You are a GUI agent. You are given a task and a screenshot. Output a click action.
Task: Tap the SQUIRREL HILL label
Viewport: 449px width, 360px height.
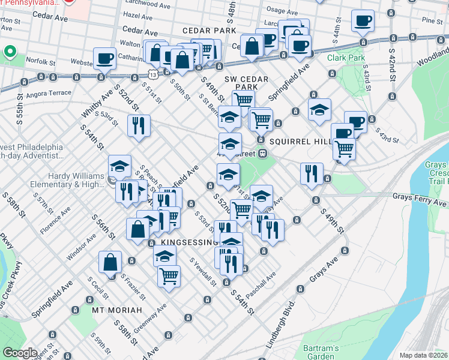(300, 141)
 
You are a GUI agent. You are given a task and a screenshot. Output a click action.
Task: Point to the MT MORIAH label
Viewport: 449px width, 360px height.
(117, 310)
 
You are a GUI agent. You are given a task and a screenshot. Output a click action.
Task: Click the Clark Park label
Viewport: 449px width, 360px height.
(346, 58)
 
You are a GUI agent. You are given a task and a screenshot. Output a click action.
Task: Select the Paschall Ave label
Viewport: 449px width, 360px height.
(260, 283)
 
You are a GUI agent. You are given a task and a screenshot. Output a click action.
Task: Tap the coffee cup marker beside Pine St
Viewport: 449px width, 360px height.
(363, 20)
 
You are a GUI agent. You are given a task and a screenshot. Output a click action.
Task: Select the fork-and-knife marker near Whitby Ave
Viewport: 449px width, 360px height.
(139, 125)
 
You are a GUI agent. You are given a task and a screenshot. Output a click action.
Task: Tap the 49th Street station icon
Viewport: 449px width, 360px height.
(263, 153)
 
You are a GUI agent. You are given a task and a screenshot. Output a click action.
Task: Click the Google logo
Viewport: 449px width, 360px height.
(20, 353)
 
